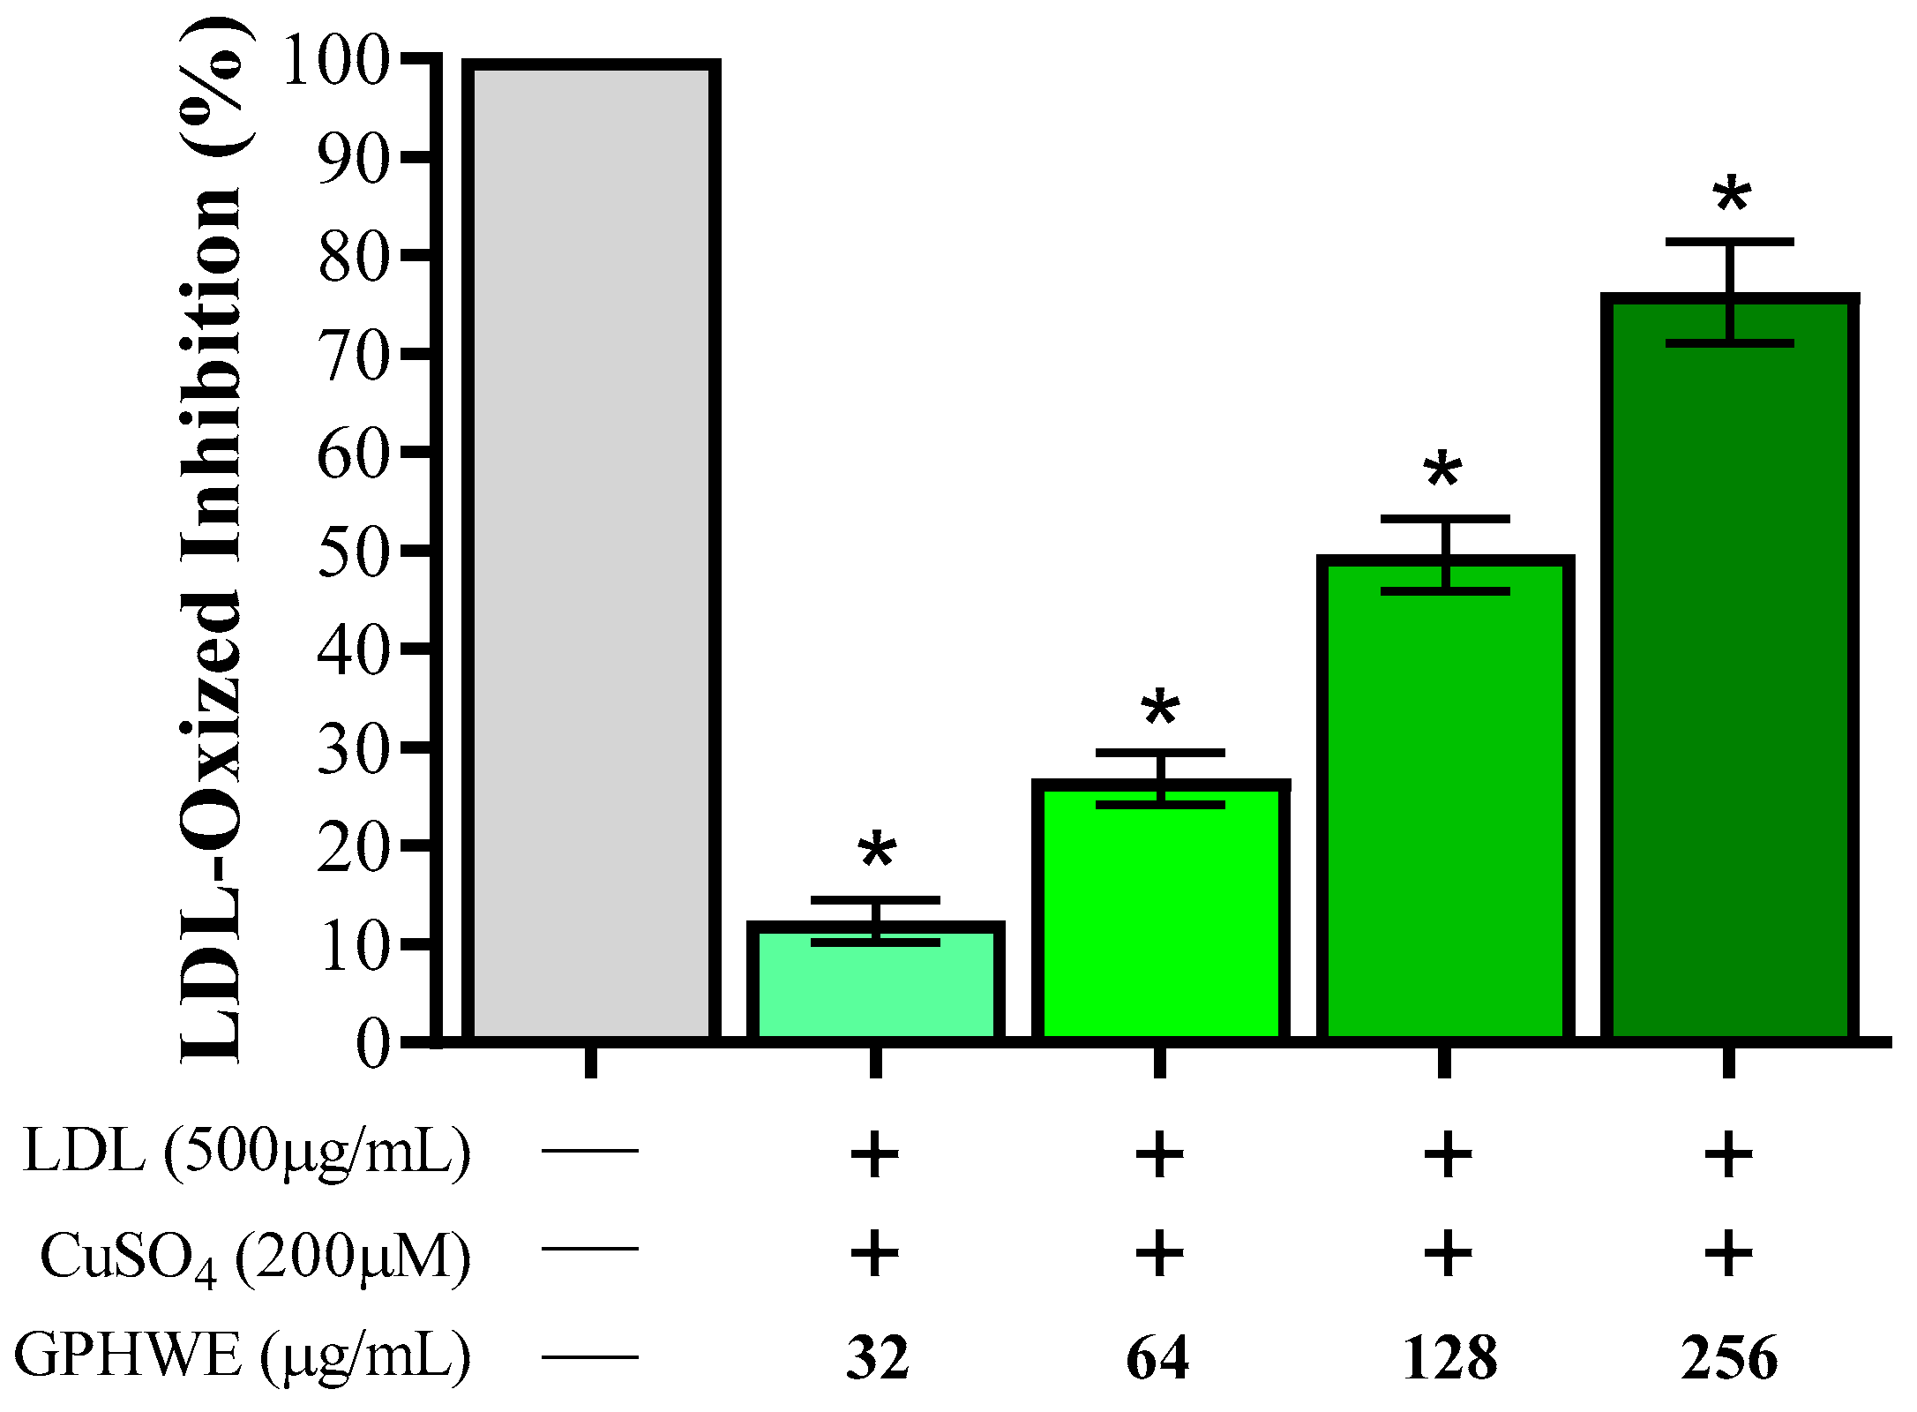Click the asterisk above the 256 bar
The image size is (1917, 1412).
pyautogui.click(x=1732, y=196)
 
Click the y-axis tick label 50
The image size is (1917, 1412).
pyautogui.click(x=353, y=551)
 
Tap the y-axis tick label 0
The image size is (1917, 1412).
pyautogui.click(x=372, y=1043)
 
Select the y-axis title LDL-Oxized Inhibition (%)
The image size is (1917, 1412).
pyautogui.click(x=212, y=538)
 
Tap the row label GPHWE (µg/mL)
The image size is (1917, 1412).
pyautogui.click(x=243, y=1356)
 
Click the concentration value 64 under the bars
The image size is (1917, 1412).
pyautogui.click(x=1157, y=1358)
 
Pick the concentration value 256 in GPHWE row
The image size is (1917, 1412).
pyautogui.click(x=1728, y=1358)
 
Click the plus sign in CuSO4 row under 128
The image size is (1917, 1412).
pyautogui.click(x=1447, y=1253)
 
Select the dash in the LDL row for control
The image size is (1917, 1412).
pyautogui.click(x=589, y=1151)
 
